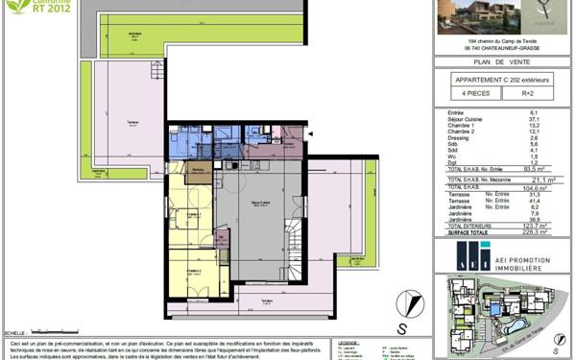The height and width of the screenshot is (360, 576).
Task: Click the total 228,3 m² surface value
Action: point(537,230)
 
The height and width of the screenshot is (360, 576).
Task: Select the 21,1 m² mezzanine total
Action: point(536,179)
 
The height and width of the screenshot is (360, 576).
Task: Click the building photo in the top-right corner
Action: point(474,16)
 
